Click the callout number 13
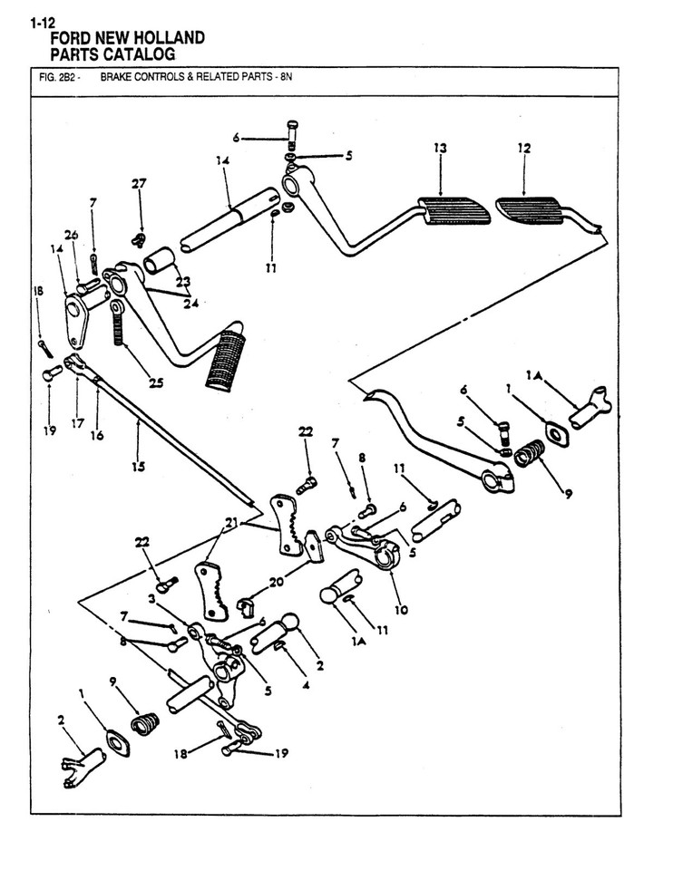click(440, 148)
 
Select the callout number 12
click(524, 148)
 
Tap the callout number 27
click(139, 183)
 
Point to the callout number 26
click(71, 236)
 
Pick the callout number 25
click(156, 383)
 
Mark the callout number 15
click(139, 467)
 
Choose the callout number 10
click(401, 610)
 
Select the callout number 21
click(231, 523)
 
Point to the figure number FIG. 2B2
click(54, 77)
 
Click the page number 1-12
click(44, 24)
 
